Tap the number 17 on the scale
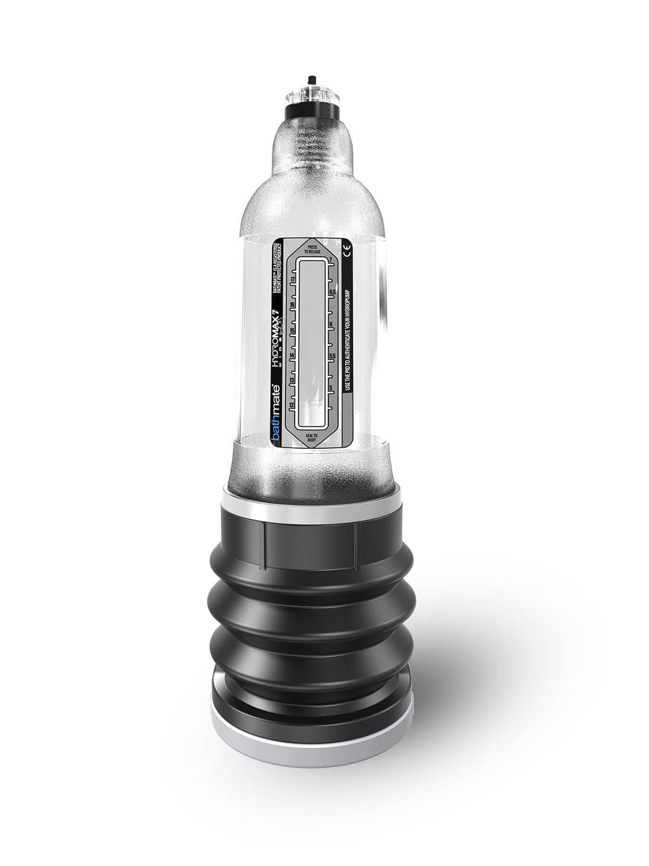click(292, 280)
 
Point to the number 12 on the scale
click(291, 405)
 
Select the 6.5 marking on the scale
click(332, 292)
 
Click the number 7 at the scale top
click(330, 260)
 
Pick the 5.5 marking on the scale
click(332, 356)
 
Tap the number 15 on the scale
click(292, 331)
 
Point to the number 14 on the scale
click(291, 356)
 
